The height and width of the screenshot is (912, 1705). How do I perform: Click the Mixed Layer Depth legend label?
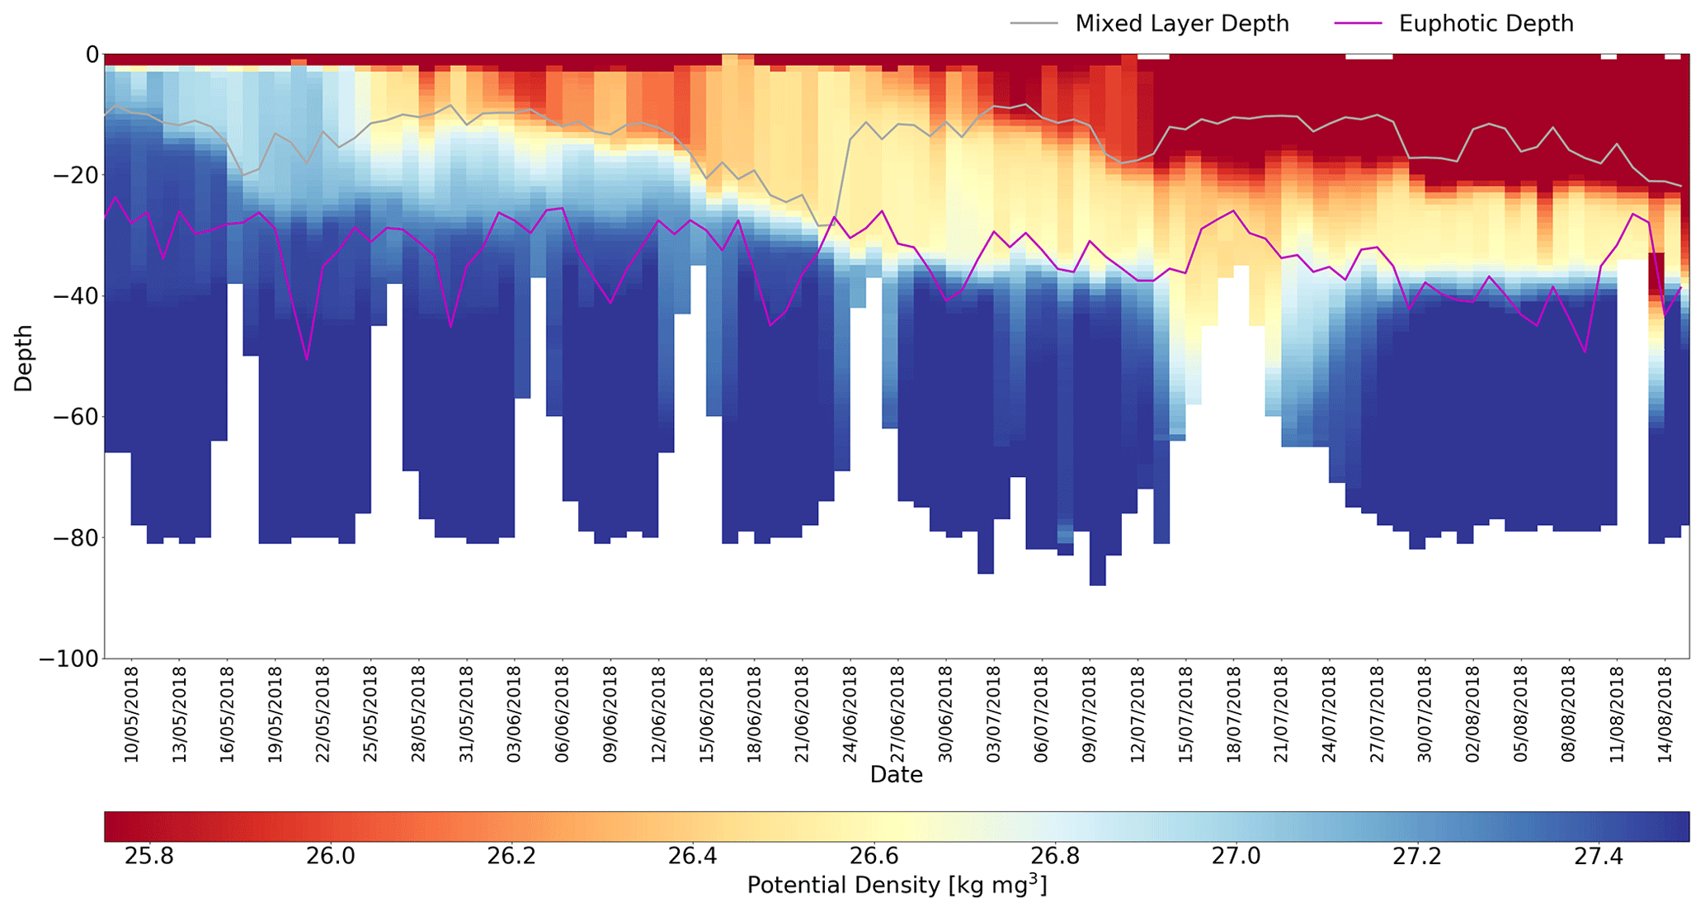1181,24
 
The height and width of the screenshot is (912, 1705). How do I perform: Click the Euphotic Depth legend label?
1486,24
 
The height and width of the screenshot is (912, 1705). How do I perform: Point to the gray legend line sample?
1034,24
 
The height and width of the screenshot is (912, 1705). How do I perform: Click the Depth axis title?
24,357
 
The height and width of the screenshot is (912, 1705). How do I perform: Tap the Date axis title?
896,775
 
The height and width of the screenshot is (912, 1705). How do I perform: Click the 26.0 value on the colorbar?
330,857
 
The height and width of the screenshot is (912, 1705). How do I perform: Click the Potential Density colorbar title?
896,886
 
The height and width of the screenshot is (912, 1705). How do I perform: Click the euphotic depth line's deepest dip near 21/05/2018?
307,359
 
